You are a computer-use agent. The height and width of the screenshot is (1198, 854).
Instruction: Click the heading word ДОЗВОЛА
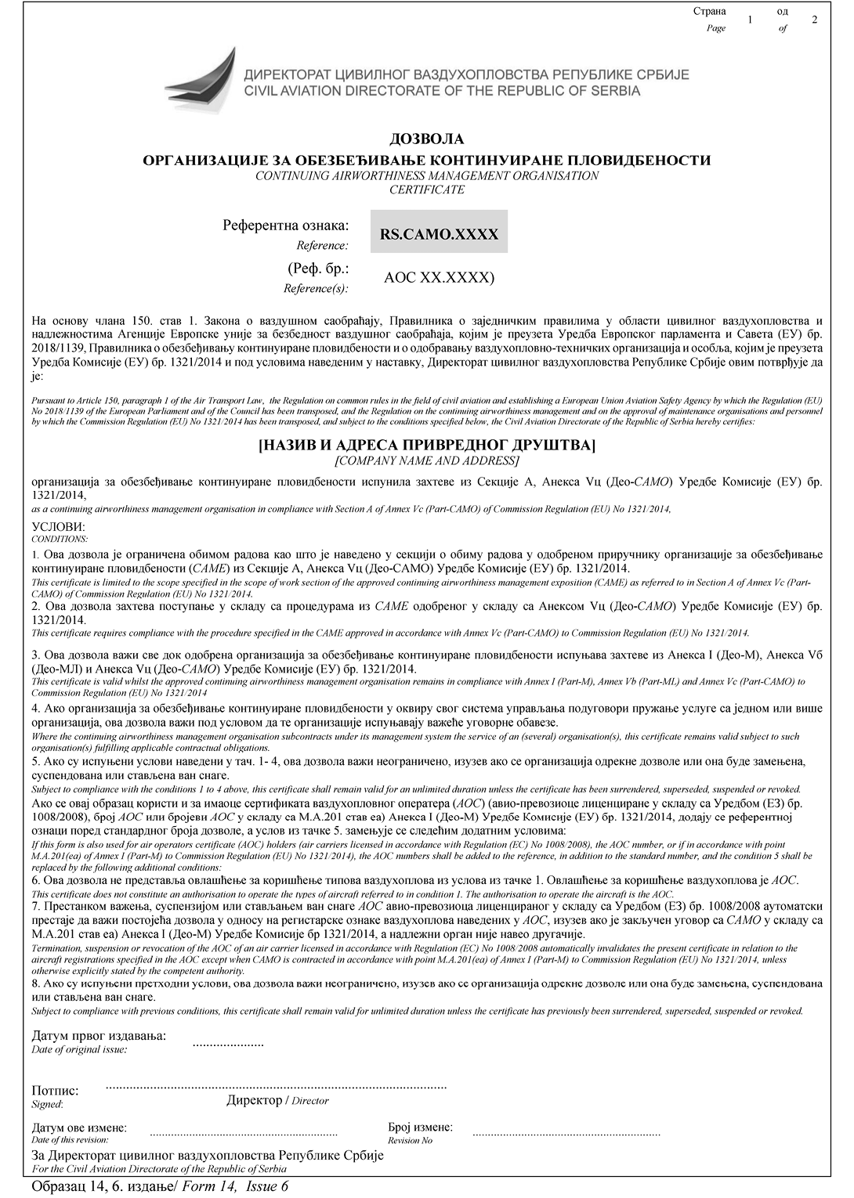pyautogui.click(x=426, y=139)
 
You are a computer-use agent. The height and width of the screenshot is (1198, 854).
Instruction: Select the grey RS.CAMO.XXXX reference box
pyautogui.click(x=439, y=233)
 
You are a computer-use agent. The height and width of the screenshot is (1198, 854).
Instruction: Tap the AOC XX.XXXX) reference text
pyautogui.click(x=439, y=277)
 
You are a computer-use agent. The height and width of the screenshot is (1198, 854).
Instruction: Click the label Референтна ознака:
pyautogui.click(x=285, y=226)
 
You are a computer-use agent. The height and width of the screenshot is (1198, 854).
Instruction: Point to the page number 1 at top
pyautogui.click(x=750, y=20)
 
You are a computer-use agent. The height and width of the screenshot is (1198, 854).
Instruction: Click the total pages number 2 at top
pyautogui.click(x=815, y=20)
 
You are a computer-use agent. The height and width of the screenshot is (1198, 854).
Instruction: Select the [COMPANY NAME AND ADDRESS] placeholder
pyautogui.click(x=426, y=460)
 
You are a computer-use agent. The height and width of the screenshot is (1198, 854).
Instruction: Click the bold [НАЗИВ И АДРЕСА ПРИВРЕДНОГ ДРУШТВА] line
pyautogui.click(x=426, y=446)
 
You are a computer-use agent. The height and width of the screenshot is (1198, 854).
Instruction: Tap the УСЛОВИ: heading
pyautogui.click(x=58, y=527)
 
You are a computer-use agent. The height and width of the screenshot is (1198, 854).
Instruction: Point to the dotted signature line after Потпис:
pyautogui.click(x=276, y=1088)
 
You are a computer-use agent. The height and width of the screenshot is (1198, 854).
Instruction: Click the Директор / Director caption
pyautogui.click(x=277, y=1100)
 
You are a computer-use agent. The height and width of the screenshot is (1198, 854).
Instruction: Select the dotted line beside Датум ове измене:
pyautogui.click(x=243, y=1134)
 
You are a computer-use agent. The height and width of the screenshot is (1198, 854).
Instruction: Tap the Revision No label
pyautogui.click(x=410, y=1140)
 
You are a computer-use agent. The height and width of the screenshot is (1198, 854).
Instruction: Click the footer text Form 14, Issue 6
pyautogui.click(x=235, y=1186)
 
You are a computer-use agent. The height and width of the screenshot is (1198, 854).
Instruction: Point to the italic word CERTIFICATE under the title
pyautogui.click(x=426, y=189)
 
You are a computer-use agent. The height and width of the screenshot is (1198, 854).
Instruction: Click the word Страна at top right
pyautogui.click(x=709, y=12)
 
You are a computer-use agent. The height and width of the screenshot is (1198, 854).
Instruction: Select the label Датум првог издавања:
pyautogui.click(x=99, y=1036)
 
